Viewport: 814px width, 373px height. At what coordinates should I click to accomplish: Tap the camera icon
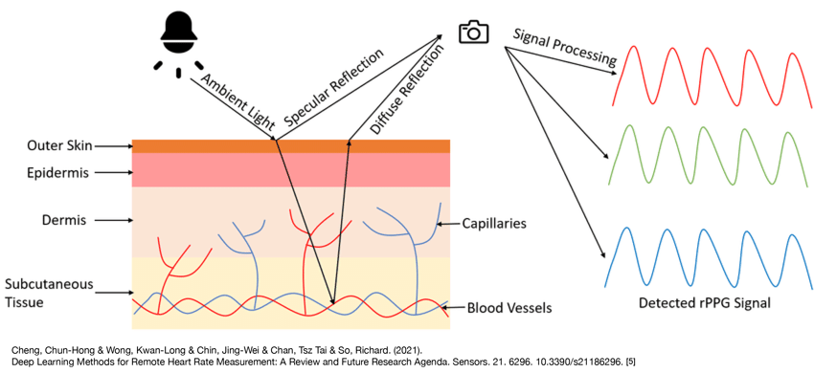pyautogui.click(x=473, y=33)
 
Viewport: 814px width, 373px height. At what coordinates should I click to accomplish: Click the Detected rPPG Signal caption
pyautogui.click(x=706, y=305)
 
